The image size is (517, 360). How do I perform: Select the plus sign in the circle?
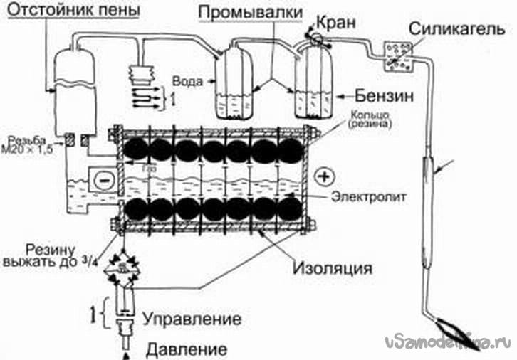[x=325, y=175]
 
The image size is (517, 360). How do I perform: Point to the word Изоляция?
[x=334, y=270]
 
